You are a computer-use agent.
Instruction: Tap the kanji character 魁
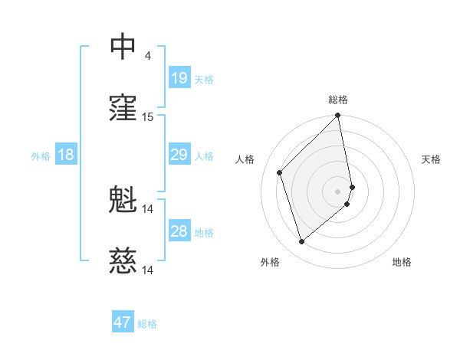[123, 201]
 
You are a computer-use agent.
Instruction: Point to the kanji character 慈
[123, 262]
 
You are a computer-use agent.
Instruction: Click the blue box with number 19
[179, 78]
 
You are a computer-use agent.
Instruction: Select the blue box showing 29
[179, 155]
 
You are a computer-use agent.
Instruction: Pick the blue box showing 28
[179, 232]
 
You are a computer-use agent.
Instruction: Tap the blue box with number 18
[66, 155]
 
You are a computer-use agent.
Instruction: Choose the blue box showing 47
[122, 322]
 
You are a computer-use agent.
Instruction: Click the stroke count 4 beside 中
[147, 55]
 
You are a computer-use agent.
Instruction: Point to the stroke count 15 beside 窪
[148, 117]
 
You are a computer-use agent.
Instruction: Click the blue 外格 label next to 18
[41, 156]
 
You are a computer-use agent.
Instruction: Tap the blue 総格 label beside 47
[147, 324]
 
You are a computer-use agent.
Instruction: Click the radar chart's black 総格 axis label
[338, 100]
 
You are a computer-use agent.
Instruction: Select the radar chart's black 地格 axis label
[402, 262]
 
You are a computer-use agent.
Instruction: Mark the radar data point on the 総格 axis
[338, 116]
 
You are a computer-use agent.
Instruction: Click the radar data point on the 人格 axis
[280, 172]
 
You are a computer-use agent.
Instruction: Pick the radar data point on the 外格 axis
[302, 242]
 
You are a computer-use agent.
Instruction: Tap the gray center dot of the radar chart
[338, 191]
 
